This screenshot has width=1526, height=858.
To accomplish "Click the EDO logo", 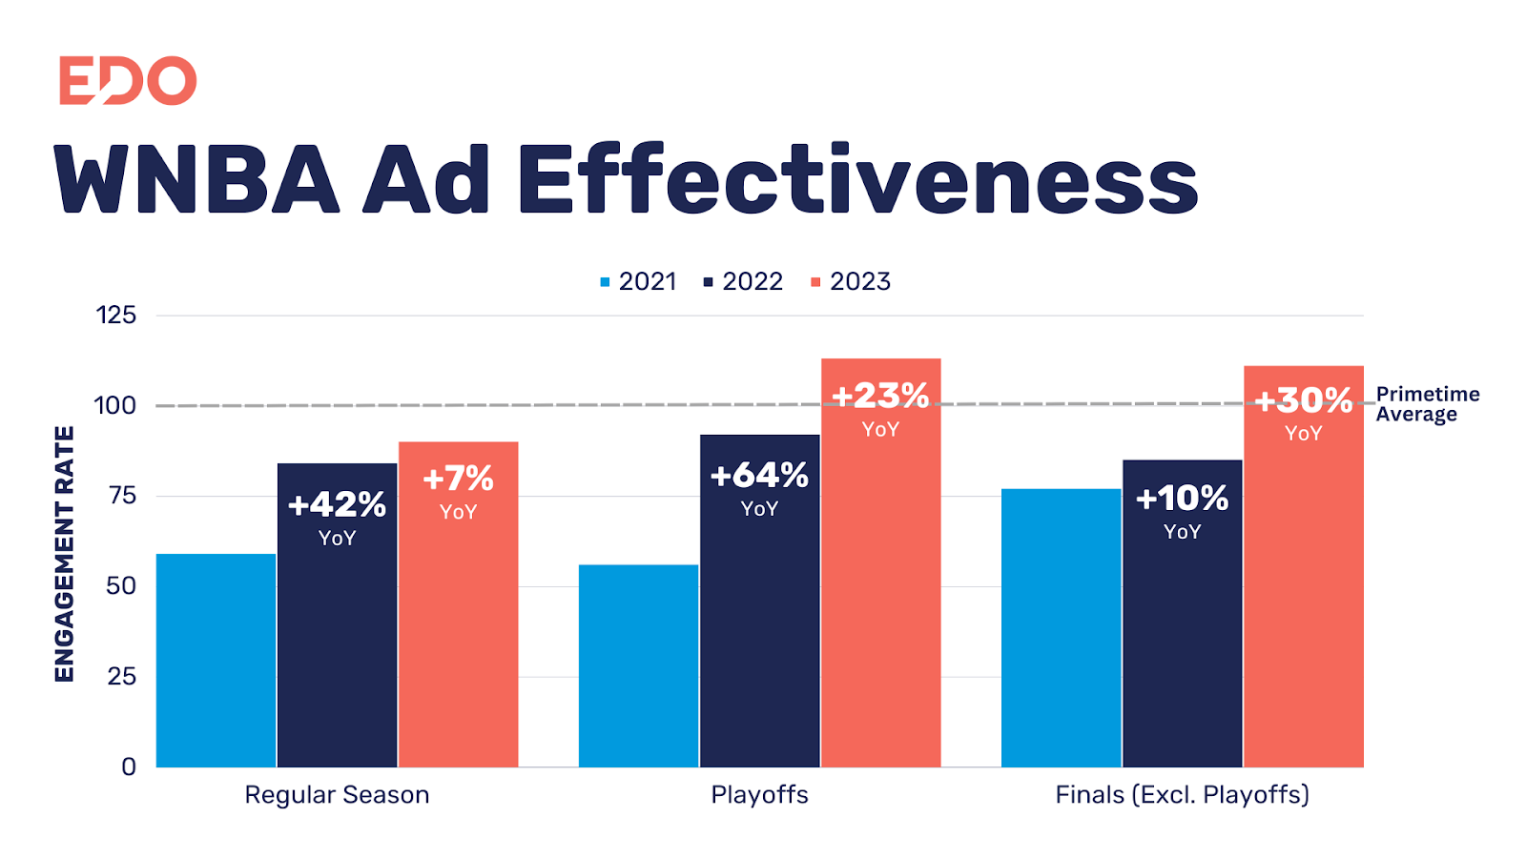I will pyautogui.click(x=128, y=80).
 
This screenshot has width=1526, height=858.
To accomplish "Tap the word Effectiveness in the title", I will pyautogui.click(x=856, y=180).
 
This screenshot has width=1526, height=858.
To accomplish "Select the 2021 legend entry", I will pyautogui.click(x=638, y=281).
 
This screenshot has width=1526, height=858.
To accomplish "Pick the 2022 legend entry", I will pyautogui.click(x=743, y=281).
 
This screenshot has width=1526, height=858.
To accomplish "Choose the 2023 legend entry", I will pyautogui.click(x=851, y=281).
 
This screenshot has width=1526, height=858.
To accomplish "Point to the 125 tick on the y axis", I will pyautogui.click(x=116, y=316).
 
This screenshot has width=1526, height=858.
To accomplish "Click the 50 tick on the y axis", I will pyautogui.click(x=121, y=586).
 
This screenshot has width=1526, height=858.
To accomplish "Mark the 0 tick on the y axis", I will pyautogui.click(x=129, y=766).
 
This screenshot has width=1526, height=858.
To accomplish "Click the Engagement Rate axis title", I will pyautogui.click(x=65, y=554).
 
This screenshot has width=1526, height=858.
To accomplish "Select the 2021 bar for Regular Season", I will pyautogui.click(x=217, y=661).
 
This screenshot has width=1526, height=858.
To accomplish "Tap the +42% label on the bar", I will pyautogui.click(x=337, y=504).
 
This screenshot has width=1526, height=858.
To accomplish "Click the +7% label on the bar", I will pyautogui.click(x=458, y=479).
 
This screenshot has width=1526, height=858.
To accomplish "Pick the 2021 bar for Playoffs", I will pyautogui.click(x=638, y=665).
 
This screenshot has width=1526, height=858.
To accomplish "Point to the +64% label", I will pyautogui.click(x=759, y=476).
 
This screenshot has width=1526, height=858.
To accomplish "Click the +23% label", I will pyautogui.click(x=880, y=396).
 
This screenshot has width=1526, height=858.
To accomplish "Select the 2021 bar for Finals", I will pyautogui.click(x=1061, y=627).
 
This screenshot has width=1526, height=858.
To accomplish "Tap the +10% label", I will pyautogui.click(x=1182, y=499).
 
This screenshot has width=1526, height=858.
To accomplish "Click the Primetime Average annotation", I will pyautogui.click(x=1428, y=404).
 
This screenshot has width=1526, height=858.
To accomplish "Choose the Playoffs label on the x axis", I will pyautogui.click(x=759, y=795).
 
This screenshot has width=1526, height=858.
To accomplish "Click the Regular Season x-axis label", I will pyautogui.click(x=337, y=795).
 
